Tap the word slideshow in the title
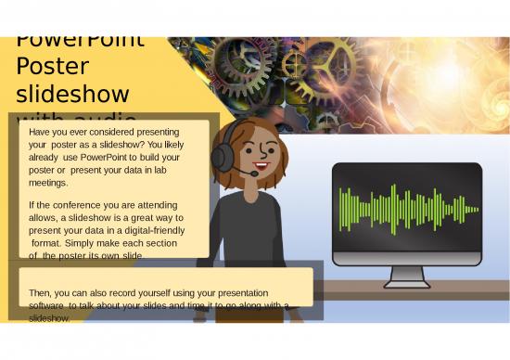click(72, 95)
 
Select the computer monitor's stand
click(407, 275)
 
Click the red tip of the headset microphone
click(254, 173)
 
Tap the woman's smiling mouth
click(261, 166)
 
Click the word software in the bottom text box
click(46, 304)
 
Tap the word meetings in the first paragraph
click(49, 183)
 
